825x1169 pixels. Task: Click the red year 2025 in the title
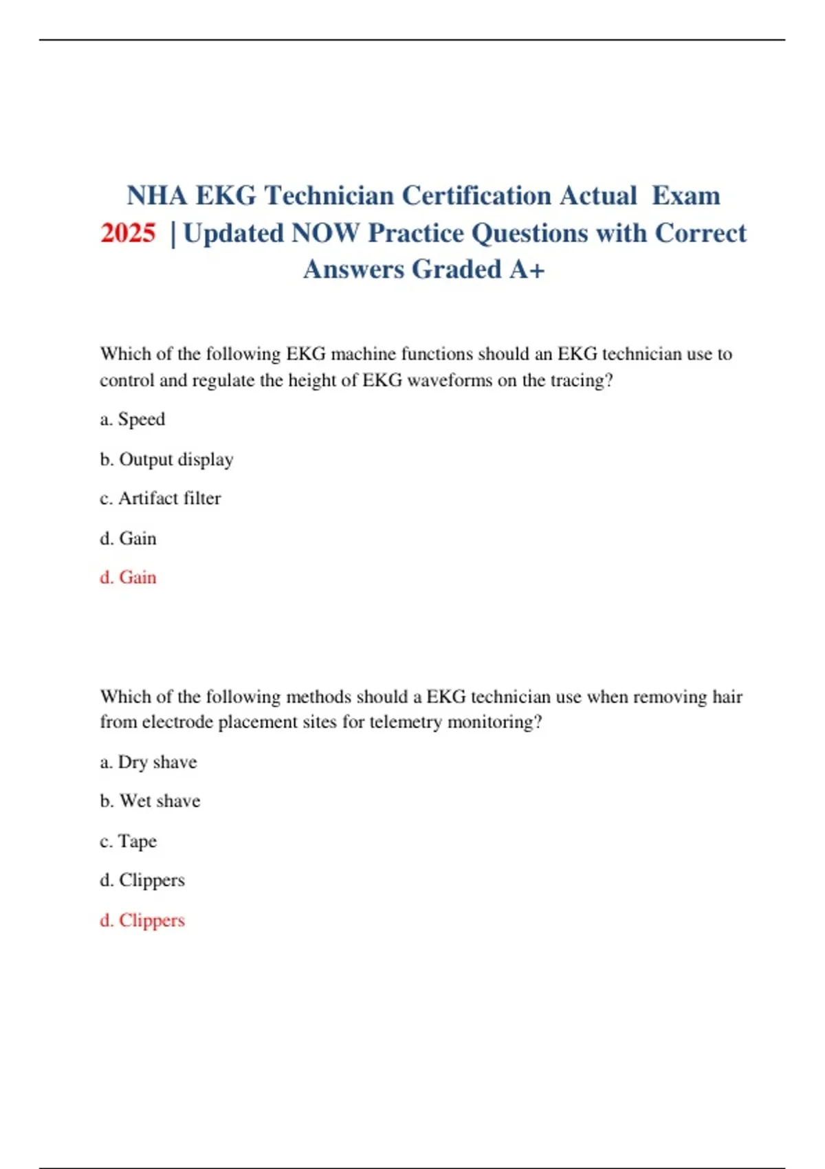pyautogui.click(x=128, y=233)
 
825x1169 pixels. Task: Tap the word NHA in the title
pyautogui.click(x=157, y=196)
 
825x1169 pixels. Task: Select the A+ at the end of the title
pyautogui.click(x=527, y=270)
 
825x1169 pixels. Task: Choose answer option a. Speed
pyautogui.click(x=133, y=419)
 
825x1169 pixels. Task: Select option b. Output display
pyautogui.click(x=166, y=459)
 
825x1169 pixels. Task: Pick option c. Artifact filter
pyautogui.click(x=160, y=498)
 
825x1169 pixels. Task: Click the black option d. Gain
pyautogui.click(x=128, y=538)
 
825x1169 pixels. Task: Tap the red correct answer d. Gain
pyautogui.click(x=128, y=577)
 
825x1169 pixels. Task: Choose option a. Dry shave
pyautogui.click(x=148, y=762)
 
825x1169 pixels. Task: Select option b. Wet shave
pyautogui.click(x=150, y=801)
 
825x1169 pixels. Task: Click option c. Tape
pyautogui.click(x=129, y=841)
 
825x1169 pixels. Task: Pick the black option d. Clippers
pyautogui.click(x=142, y=880)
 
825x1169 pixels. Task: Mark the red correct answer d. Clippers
pyautogui.click(x=142, y=920)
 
